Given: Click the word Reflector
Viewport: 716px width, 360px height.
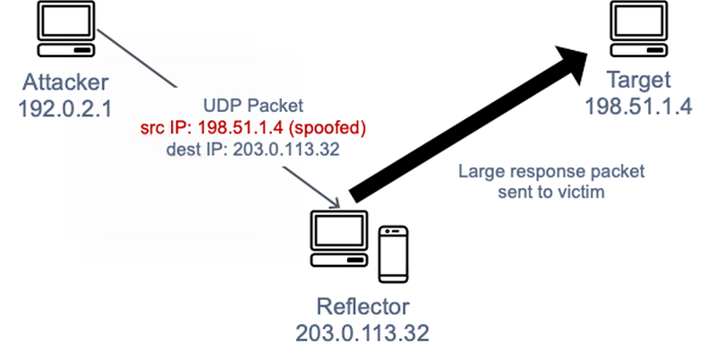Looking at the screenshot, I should coord(362,307).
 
